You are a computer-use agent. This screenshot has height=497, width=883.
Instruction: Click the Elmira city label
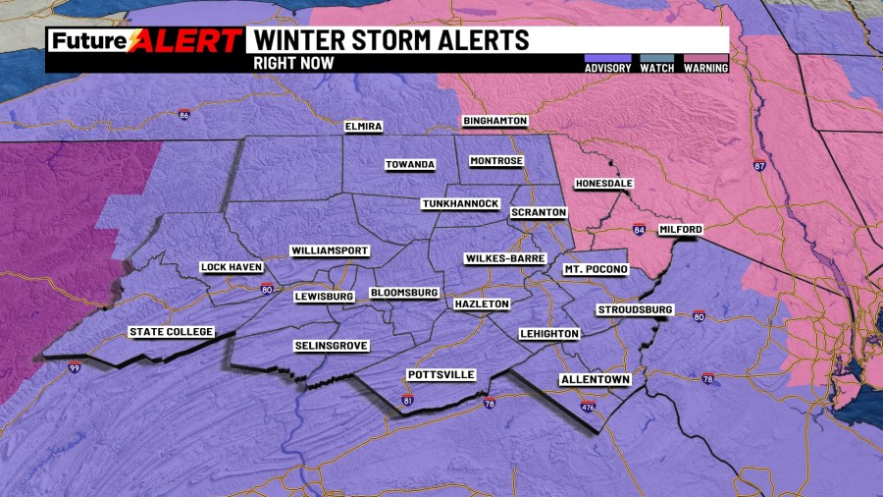(x=363, y=127)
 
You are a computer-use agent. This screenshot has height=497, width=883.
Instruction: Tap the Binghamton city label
(x=495, y=121)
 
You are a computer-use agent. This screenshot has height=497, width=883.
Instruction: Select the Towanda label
(x=409, y=164)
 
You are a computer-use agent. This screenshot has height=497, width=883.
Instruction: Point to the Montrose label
(x=496, y=161)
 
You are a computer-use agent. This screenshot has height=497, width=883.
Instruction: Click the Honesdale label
(x=603, y=184)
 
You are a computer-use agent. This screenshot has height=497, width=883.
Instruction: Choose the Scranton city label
(x=538, y=212)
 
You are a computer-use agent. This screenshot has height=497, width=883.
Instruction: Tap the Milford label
(x=681, y=229)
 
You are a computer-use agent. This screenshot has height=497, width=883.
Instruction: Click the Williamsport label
(x=330, y=251)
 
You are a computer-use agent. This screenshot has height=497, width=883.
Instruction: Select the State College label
(x=171, y=332)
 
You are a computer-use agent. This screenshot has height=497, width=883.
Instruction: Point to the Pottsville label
(x=441, y=375)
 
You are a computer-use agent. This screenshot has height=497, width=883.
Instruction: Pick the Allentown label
(x=594, y=379)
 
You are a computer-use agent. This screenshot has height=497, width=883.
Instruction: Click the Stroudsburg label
(x=635, y=310)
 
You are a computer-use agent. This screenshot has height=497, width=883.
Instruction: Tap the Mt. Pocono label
(x=594, y=269)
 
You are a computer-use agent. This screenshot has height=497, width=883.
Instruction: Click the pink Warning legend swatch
(x=705, y=57)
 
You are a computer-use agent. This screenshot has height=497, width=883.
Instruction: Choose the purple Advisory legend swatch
(x=607, y=57)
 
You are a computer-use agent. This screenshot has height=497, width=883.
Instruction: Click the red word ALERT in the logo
(x=185, y=41)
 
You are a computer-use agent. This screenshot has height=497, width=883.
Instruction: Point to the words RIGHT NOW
(x=293, y=63)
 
